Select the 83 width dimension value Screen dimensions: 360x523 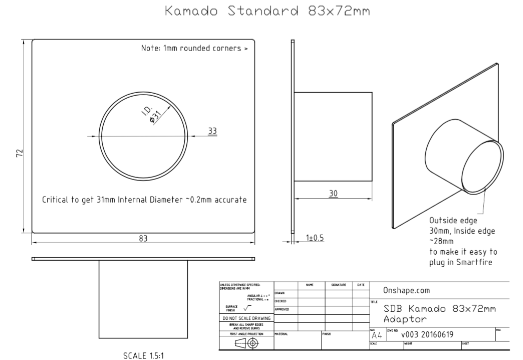[143, 239]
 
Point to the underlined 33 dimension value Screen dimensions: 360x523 [212, 130]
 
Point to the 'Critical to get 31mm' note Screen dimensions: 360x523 [144, 200]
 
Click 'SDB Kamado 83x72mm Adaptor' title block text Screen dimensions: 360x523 [438, 314]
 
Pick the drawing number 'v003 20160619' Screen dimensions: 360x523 [430, 335]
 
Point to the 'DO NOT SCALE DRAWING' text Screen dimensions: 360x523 [246, 318]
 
